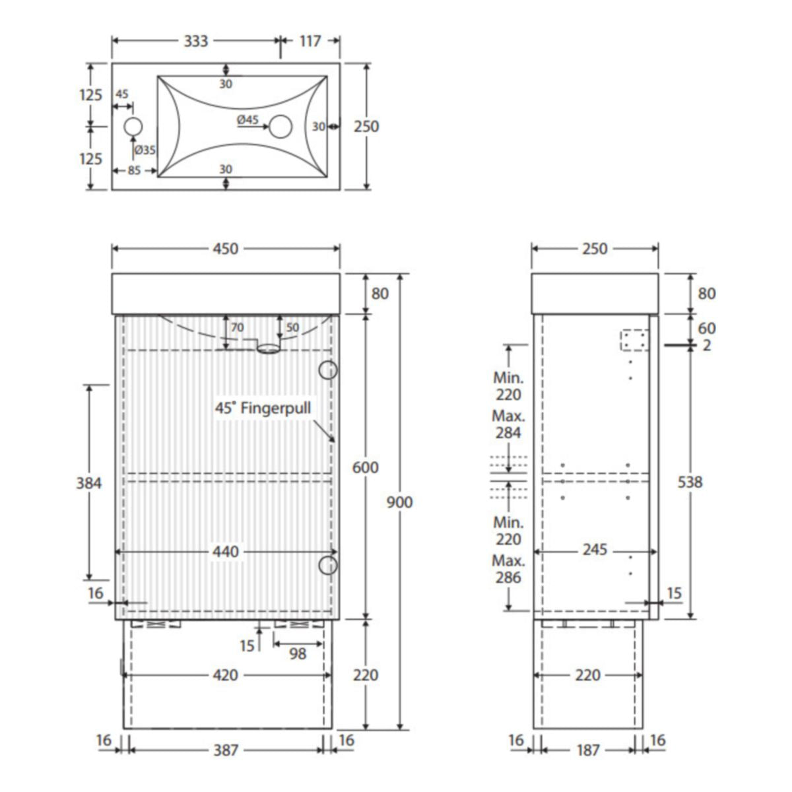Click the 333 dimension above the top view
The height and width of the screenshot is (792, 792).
point(195,41)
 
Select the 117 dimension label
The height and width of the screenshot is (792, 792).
point(310,41)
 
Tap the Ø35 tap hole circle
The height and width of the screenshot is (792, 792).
point(133,127)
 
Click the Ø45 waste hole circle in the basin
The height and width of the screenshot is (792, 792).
point(280,127)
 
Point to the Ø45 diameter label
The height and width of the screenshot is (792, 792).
point(248,119)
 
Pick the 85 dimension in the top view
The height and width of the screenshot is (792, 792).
point(134,170)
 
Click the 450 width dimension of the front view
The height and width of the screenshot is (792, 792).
point(226,249)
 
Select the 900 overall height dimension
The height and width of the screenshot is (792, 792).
point(399,502)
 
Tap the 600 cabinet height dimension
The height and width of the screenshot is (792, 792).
point(366,467)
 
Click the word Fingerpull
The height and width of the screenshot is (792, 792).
point(276,408)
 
